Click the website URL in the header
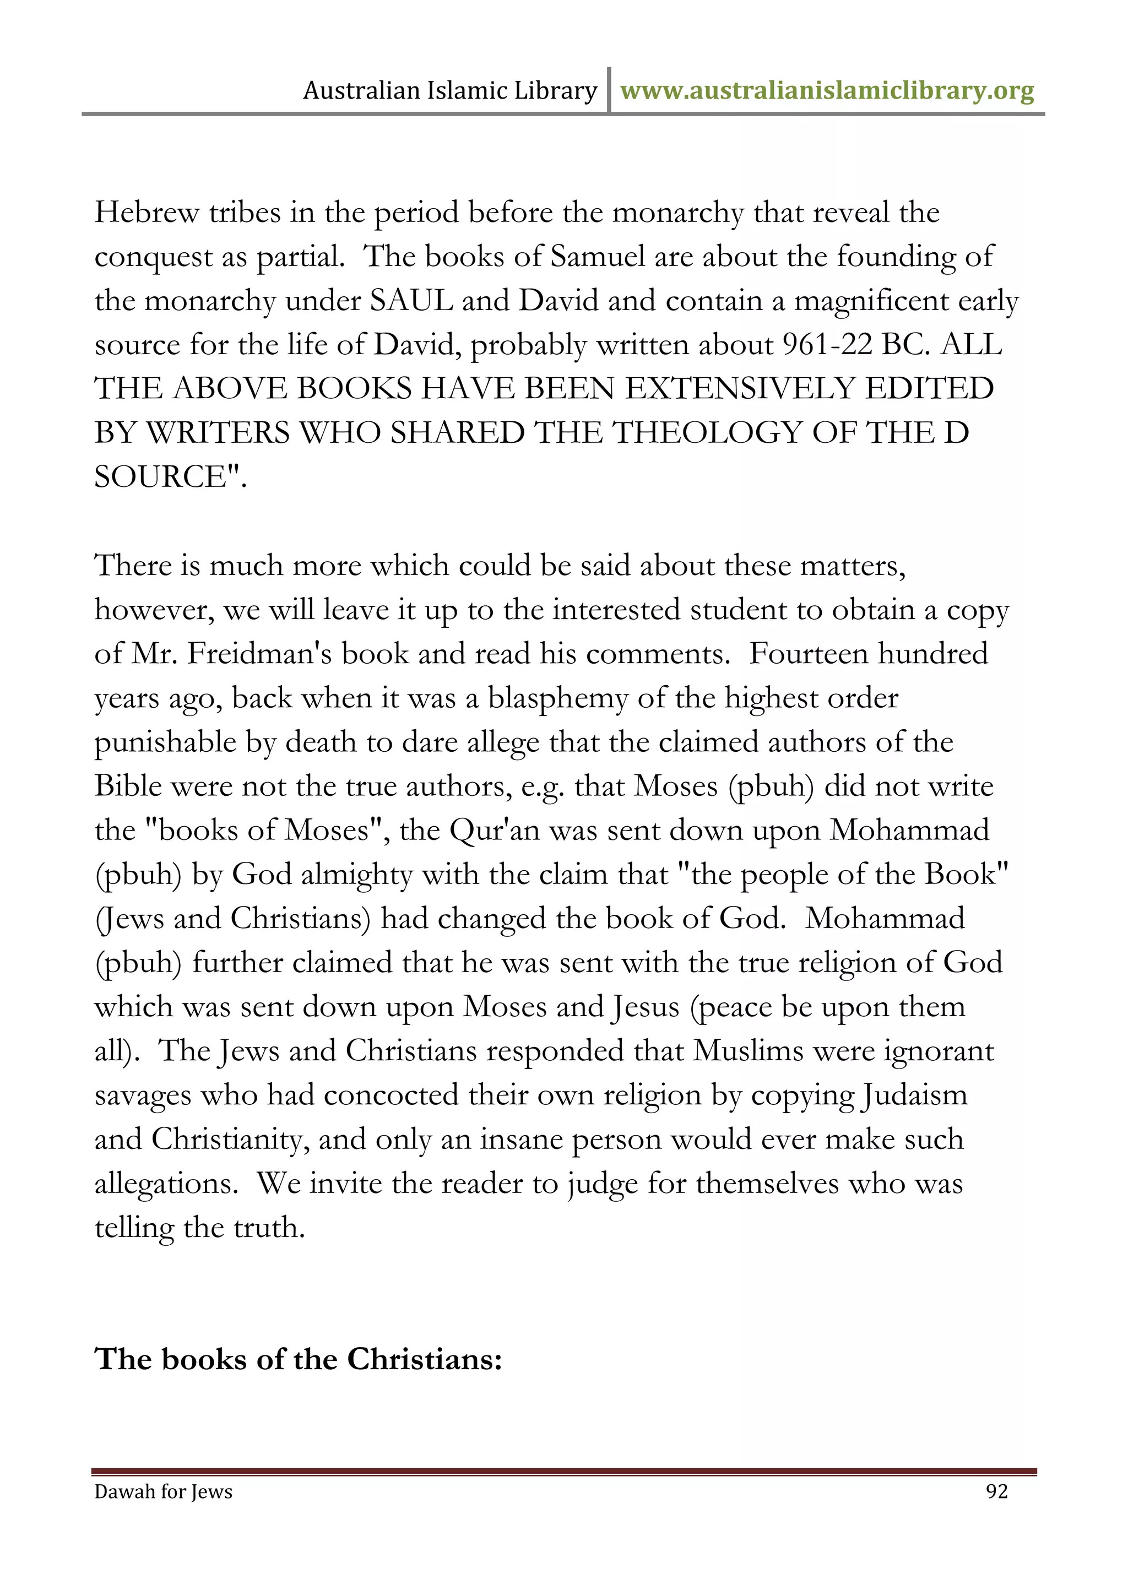pyautogui.click(x=827, y=91)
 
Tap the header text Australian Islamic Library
pyautogui.click(x=449, y=91)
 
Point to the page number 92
pyautogui.click(x=997, y=1491)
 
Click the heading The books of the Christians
pyautogui.click(x=298, y=1359)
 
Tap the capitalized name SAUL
pyautogui.click(x=411, y=301)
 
